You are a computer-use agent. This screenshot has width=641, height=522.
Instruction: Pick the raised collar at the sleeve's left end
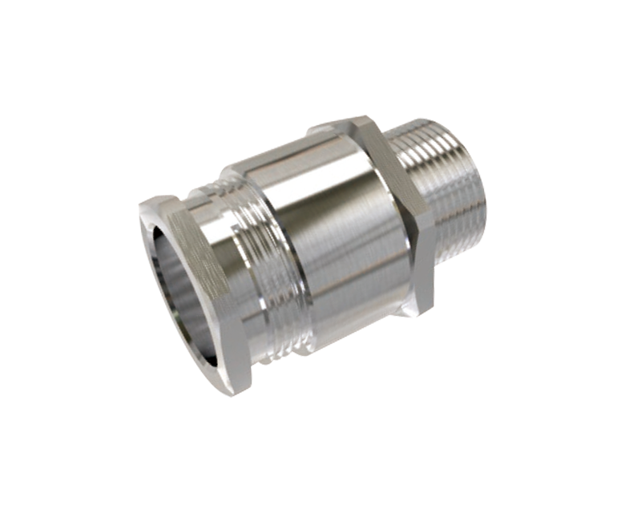click(232, 172)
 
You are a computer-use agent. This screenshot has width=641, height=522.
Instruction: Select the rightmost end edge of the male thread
click(486, 192)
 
